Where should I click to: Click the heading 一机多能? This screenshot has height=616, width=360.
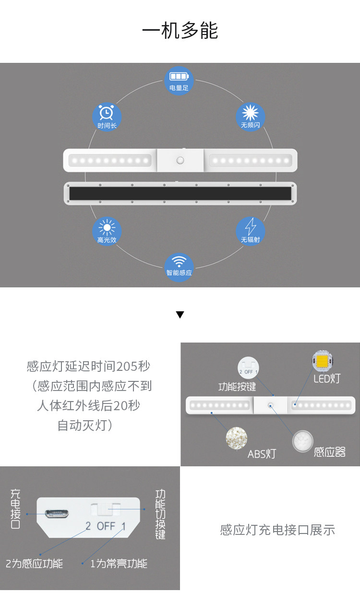(x=180, y=30)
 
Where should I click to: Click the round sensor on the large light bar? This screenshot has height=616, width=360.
(x=180, y=160)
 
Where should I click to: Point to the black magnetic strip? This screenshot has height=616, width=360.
(x=180, y=193)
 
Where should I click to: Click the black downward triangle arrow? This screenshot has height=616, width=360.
(x=180, y=315)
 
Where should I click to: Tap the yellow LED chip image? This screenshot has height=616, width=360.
(x=323, y=361)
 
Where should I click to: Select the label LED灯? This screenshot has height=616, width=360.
(x=327, y=379)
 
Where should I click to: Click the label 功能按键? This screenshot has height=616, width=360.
(x=237, y=387)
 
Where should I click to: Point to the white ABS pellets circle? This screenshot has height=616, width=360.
(x=237, y=438)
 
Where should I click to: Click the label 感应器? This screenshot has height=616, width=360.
(x=330, y=452)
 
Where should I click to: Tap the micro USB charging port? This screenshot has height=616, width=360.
(x=57, y=514)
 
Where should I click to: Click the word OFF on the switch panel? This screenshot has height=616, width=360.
(x=106, y=526)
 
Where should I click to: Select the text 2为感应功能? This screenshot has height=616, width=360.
(x=35, y=564)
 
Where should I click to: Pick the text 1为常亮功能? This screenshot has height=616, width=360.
(x=119, y=564)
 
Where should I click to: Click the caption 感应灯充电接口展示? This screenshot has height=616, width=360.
(x=277, y=530)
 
